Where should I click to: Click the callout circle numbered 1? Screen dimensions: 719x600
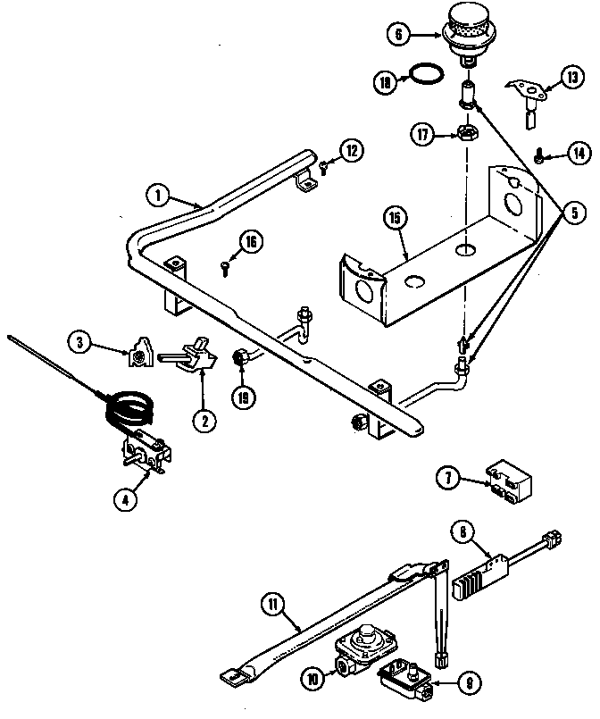(156, 194)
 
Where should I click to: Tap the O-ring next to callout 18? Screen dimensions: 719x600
(429, 72)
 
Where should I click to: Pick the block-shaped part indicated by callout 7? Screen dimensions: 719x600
(506, 481)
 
